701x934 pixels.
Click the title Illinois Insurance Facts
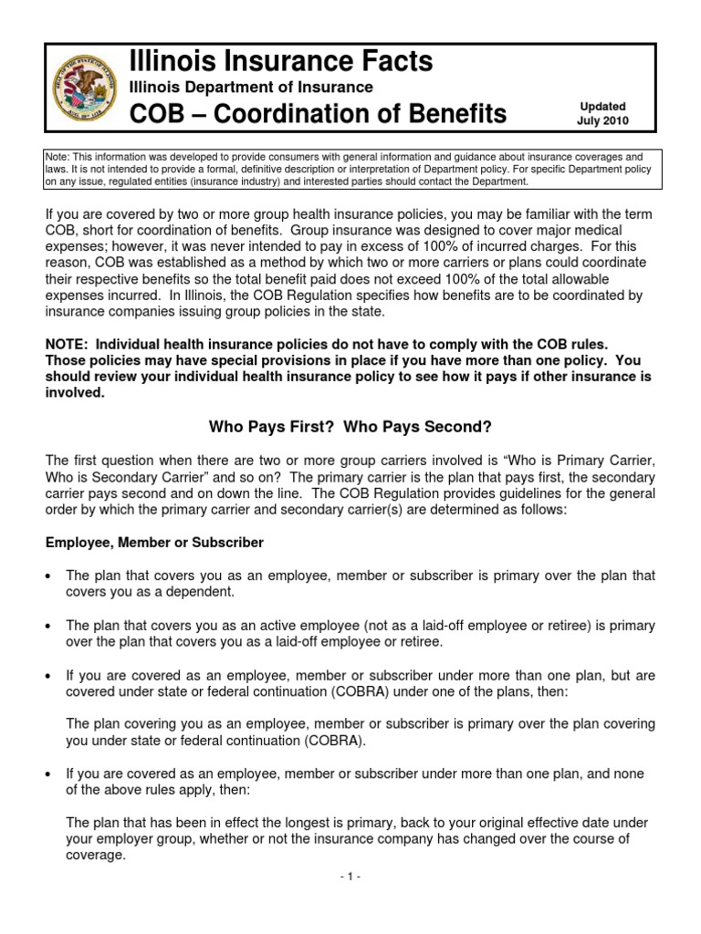click(280, 61)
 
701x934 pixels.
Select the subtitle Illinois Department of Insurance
click(250, 88)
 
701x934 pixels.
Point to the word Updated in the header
click(602, 107)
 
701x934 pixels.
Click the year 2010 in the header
click(615, 120)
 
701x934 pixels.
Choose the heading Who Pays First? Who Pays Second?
click(350, 426)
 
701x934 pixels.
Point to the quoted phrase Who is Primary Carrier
click(577, 460)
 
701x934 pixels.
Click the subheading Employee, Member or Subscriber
click(154, 543)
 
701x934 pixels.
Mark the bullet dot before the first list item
click(50, 576)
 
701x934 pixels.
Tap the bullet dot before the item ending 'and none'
click(50, 774)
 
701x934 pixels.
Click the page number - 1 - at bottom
click(350, 877)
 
